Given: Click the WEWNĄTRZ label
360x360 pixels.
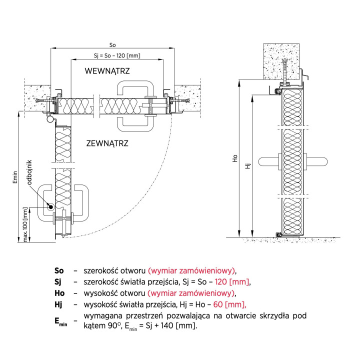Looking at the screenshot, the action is [x=107, y=71].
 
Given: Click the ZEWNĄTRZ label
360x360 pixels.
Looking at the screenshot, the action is [x=107, y=143].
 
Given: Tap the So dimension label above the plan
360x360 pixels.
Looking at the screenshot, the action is [x=112, y=45].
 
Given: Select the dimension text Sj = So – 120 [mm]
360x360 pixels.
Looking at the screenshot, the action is [x=117, y=55].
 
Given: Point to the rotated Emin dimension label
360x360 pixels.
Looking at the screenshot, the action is [x=15, y=177].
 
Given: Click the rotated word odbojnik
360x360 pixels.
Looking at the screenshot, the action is [x=29, y=172].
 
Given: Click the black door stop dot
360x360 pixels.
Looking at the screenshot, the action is [x=50, y=207].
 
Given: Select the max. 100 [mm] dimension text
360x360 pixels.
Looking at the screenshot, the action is [x=25, y=224].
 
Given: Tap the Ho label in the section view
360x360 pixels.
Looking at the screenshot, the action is [x=235, y=158].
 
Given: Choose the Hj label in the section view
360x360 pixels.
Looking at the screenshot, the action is [x=247, y=166].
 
